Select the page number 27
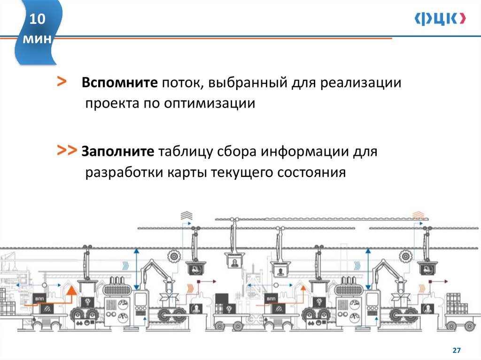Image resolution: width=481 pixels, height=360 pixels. point(456,351)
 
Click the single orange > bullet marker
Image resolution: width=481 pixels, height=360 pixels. point(61,81)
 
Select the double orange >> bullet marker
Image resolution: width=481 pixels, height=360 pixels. point(67,150)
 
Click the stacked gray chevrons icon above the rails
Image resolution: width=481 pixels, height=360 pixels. point(186,215)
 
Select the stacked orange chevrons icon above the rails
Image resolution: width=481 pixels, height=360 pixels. point(418,215)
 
